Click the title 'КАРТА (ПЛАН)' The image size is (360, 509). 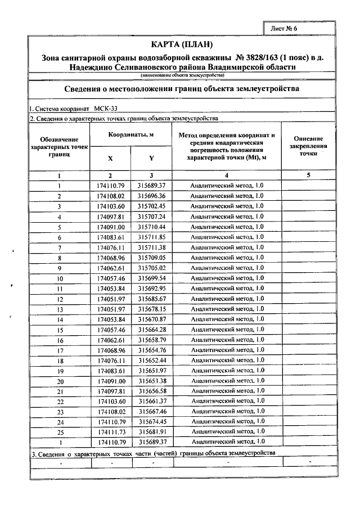pos(183,45)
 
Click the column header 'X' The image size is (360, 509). pos(110,159)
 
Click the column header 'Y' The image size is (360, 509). pos(151,159)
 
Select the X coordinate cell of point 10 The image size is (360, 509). pos(110,278)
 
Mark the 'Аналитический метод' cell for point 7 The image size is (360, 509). pos(227,247)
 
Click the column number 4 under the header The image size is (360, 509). pos(227,175)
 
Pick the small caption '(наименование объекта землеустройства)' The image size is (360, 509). pos(183,75)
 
